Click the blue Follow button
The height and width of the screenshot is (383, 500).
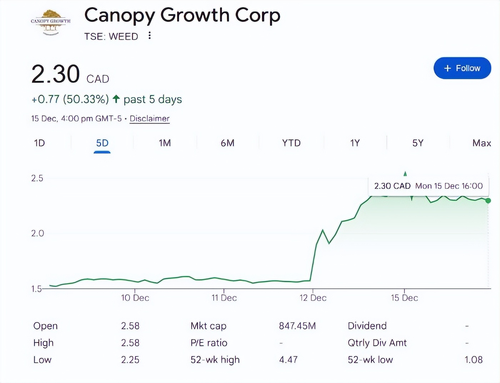click(x=462, y=68)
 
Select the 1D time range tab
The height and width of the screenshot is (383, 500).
click(x=39, y=143)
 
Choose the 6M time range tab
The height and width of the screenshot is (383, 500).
click(x=227, y=143)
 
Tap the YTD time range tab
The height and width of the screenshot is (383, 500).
click(x=291, y=143)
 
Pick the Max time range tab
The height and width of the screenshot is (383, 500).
click(x=481, y=143)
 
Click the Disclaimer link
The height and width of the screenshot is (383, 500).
click(x=149, y=118)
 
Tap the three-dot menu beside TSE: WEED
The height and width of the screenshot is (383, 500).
click(x=150, y=35)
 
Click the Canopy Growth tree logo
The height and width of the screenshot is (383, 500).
click(x=51, y=22)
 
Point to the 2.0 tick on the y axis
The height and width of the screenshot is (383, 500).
click(x=37, y=233)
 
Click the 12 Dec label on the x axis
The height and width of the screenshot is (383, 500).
click(x=313, y=298)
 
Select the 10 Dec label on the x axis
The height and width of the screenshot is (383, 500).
click(x=135, y=298)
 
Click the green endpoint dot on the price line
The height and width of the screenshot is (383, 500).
click(x=488, y=201)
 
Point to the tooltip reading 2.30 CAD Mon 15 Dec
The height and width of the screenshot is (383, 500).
click(x=428, y=186)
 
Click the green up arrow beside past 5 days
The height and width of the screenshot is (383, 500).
click(x=116, y=99)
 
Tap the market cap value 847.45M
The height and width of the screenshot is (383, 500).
click(x=297, y=325)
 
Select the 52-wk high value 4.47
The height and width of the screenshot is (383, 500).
click(x=288, y=359)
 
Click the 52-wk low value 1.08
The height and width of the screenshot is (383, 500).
click(x=473, y=359)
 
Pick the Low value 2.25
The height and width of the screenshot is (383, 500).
click(x=130, y=359)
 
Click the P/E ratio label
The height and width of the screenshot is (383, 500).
click(x=209, y=343)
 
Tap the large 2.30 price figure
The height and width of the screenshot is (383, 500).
click(x=55, y=74)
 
